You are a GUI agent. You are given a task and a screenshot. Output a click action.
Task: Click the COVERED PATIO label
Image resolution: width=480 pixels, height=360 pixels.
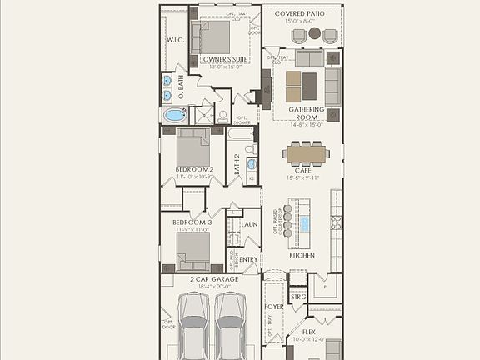pos(302,12)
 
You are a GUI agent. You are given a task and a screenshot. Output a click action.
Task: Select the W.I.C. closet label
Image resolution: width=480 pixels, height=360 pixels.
pos(175,39)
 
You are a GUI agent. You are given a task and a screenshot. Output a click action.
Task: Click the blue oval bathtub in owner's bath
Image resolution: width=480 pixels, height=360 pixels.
pos(175,115)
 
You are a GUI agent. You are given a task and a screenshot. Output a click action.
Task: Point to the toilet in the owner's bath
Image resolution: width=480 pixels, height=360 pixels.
pos(222,117)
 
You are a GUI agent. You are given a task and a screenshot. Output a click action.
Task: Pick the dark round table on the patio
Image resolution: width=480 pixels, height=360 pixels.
pos(315,34)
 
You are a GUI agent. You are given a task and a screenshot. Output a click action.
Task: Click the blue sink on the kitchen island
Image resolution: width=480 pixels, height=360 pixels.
pos(305,223)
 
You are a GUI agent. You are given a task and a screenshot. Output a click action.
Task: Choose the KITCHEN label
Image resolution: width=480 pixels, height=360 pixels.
pos(302,255)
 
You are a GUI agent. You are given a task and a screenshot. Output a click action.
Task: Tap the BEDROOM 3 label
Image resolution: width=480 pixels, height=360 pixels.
pos(192,222)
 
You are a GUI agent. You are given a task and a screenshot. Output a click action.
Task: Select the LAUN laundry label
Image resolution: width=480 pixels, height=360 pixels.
pos(248,224)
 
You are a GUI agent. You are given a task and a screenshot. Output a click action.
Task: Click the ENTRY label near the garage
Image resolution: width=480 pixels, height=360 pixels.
pos(248,259)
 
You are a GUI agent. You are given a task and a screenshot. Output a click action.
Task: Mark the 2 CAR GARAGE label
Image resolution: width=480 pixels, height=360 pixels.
pos(214,279)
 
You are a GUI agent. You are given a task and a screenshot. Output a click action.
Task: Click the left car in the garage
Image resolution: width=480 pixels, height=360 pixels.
pos(194,333)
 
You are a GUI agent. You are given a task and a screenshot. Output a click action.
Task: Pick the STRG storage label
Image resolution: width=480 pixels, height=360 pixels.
pos(298,296)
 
